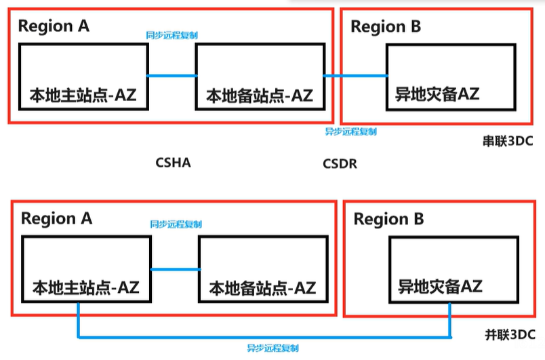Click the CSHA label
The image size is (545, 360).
[x=173, y=163]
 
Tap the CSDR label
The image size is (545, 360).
[x=340, y=163]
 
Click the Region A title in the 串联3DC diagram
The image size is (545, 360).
[x=54, y=26]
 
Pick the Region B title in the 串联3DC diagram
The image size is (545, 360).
[x=386, y=26]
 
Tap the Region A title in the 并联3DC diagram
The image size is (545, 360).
[x=57, y=218]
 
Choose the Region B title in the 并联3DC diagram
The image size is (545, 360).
[x=389, y=219]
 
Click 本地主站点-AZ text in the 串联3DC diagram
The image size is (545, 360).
[x=83, y=95]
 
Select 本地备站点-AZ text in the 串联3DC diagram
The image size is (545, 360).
[x=260, y=95]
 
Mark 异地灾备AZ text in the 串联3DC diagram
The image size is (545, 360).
[x=437, y=94]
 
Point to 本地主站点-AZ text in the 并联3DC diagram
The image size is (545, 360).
[x=85, y=287]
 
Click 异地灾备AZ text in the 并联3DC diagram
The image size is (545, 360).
[x=440, y=286]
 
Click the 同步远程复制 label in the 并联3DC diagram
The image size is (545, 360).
[x=176, y=224]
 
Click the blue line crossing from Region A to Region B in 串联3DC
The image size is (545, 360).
[x=355, y=75]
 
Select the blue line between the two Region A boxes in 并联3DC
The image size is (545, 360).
[x=174, y=269]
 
